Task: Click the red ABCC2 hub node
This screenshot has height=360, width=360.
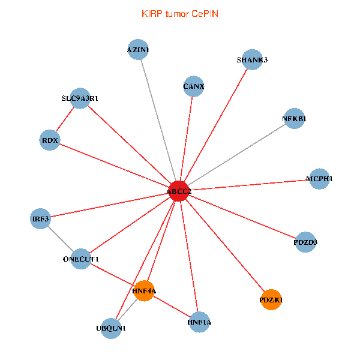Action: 179,191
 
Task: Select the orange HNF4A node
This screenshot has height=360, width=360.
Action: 145,291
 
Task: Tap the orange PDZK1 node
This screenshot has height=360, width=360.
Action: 271,299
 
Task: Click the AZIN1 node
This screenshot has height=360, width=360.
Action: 139,50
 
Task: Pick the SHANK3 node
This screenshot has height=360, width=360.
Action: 253,59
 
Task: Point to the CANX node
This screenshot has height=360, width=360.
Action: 193,86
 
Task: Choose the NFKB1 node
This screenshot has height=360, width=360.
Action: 294,119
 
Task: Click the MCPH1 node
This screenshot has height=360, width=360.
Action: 319,179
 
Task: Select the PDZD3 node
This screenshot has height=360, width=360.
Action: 305,242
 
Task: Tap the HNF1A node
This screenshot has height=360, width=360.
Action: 199,322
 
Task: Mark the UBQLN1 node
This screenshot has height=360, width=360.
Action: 111,328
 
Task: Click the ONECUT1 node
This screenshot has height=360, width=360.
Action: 81,259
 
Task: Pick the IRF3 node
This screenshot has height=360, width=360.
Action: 41,218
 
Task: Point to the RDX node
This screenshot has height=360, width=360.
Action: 49,140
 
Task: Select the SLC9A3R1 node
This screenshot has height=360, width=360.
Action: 80,98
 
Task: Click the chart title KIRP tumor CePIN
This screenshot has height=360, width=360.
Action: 180,14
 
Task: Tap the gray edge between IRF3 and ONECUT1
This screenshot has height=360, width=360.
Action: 61,238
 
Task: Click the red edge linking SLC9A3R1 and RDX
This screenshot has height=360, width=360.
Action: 65,119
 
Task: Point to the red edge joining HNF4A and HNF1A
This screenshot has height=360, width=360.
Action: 172,307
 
